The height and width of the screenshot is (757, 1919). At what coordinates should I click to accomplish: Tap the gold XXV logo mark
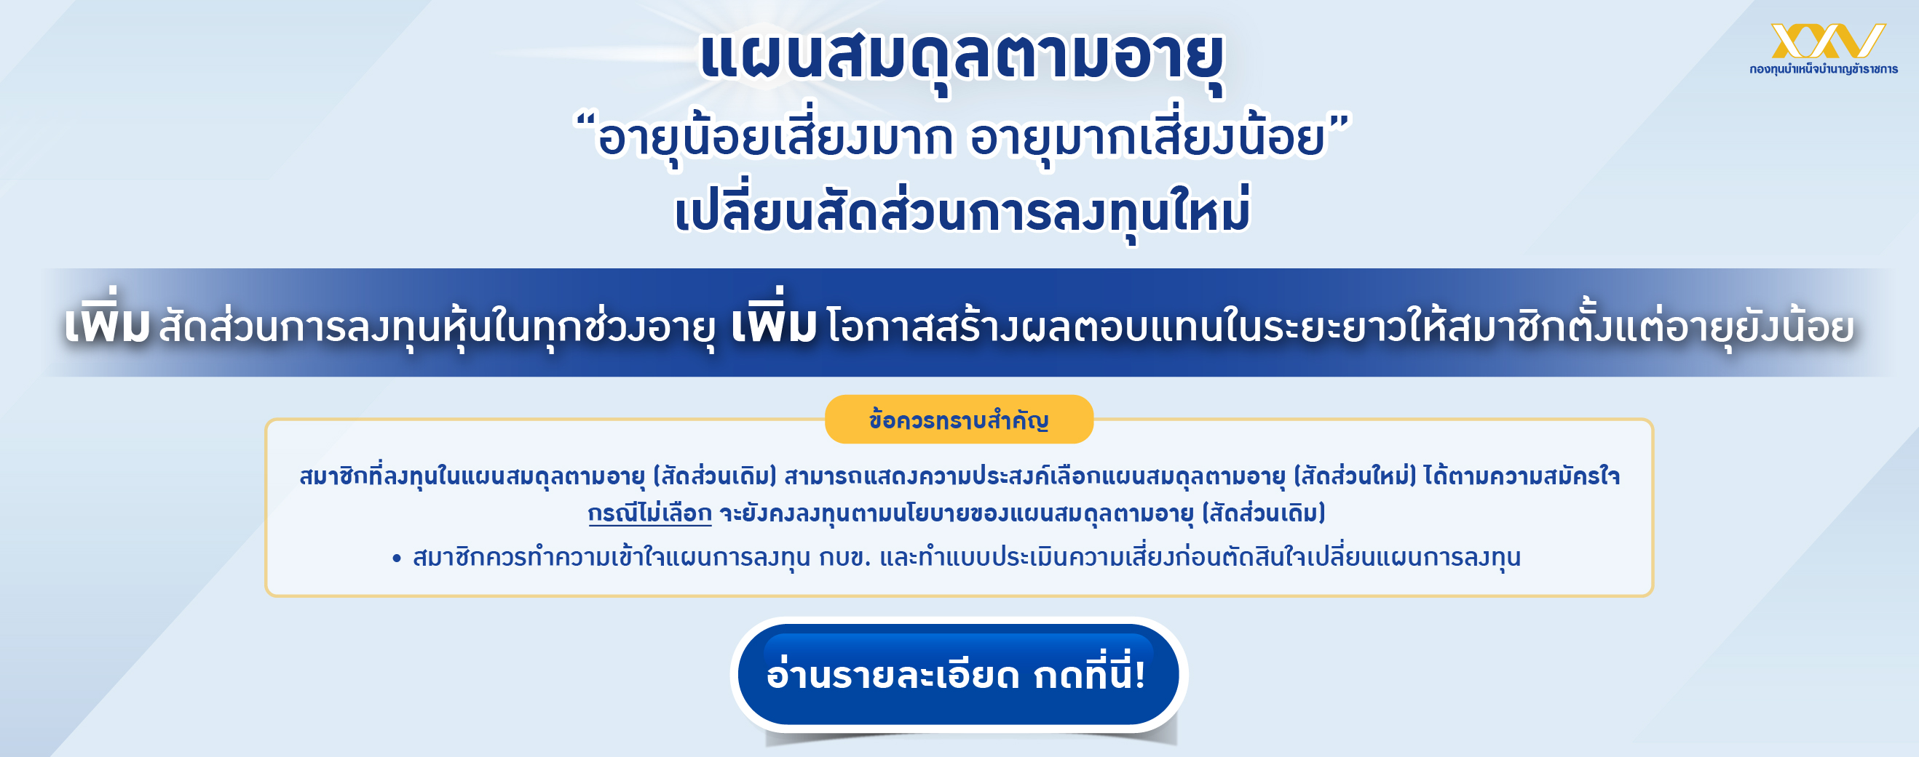click(1827, 40)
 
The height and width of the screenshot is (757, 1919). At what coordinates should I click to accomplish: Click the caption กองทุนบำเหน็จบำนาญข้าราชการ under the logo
click(1824, 69)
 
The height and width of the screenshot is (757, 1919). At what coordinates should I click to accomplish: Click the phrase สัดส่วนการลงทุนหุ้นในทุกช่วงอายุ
click(437, 327)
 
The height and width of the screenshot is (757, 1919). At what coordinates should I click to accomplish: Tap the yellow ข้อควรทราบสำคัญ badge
click(959, 420)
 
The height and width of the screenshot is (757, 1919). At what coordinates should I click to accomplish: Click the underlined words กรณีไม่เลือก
click(649, 513)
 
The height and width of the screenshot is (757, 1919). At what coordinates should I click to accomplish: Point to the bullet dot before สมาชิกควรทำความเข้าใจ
click(396, 558)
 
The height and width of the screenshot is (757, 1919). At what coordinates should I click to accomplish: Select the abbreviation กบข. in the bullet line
click(844, 557)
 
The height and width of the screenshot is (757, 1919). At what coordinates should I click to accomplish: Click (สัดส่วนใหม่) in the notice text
click(1354, 476)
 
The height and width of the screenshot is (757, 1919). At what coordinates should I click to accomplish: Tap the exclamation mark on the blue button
click(1139, 676)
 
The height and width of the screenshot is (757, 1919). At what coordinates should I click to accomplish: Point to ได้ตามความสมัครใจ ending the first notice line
click(1522, 476)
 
